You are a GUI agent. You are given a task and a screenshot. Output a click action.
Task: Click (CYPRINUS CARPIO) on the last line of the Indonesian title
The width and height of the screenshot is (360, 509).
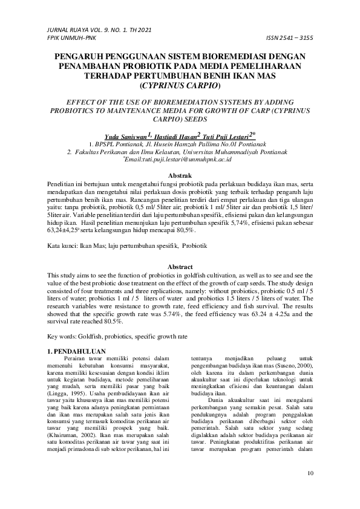coord(180,85)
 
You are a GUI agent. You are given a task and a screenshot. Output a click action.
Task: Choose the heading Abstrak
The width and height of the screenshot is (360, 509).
coord(180,175)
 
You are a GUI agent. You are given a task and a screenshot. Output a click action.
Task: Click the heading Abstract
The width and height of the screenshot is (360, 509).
coord(180,267)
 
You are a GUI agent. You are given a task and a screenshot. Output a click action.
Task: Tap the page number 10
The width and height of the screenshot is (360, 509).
coord(310,473)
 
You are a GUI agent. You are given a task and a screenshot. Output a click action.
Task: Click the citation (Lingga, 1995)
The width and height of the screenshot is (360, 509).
coord(67,394)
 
